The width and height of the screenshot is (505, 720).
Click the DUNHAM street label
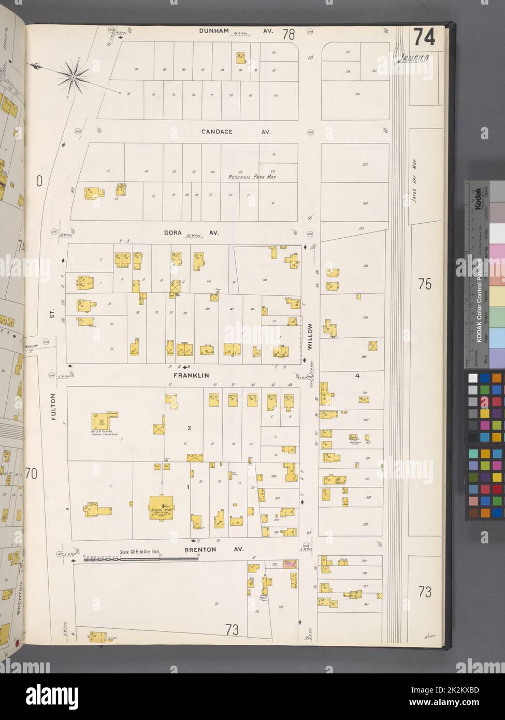(214, 31)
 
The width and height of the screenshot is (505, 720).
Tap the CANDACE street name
(217, 132)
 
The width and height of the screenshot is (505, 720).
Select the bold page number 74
(424, 38)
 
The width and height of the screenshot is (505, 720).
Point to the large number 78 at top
(288, 35)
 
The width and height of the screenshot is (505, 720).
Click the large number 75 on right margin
(425, 284)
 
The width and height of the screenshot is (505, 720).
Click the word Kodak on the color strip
(477, 197)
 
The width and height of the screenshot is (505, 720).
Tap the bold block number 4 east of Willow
(357, 376)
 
